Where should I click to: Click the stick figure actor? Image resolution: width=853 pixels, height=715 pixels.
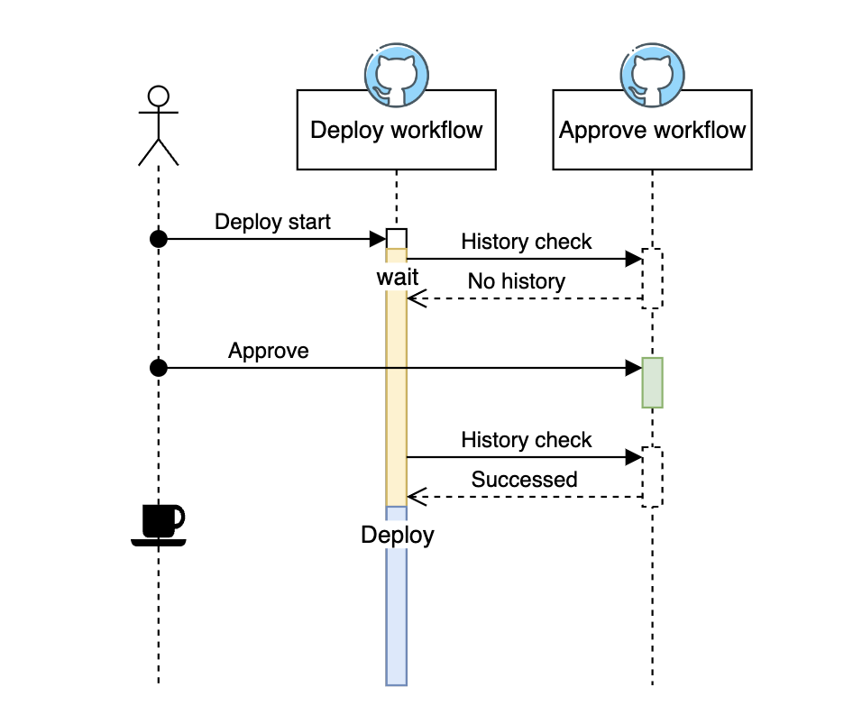[159, 126]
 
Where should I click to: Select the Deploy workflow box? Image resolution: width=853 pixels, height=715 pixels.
[397, 131]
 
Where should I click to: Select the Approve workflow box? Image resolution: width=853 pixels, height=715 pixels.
[652, 131]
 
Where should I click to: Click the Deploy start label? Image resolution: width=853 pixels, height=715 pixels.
[272, 222]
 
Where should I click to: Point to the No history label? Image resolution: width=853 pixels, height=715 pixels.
[516, 281]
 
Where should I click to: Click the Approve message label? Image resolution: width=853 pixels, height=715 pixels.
[269, 351]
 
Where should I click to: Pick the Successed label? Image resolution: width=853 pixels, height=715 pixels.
[524, 479]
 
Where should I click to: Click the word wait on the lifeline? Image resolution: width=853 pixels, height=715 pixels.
[397, 277]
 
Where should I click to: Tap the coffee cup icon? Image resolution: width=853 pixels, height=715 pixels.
[160, 524]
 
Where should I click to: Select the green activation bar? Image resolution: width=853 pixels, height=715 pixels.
[652, 382]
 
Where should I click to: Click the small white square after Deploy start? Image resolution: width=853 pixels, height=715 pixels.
[397, 238]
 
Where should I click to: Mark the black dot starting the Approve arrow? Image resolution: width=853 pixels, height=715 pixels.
[159, 368]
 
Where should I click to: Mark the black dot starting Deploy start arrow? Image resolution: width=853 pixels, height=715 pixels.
[159, 238]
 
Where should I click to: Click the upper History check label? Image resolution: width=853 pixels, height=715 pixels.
[527, 242]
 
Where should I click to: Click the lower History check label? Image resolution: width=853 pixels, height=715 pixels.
[527, 440]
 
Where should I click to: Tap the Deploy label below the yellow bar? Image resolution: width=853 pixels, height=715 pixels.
[398, 535]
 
